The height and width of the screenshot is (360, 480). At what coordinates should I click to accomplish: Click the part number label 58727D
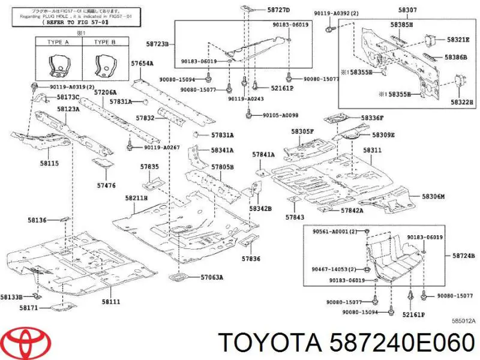coord(278,10)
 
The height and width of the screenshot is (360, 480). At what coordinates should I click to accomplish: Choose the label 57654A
coord(142,63)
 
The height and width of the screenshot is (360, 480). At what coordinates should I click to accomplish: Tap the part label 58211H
coord(137,198)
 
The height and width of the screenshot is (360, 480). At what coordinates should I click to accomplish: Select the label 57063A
coord(212,277)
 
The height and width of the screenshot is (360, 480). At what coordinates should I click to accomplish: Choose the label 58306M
coord(433,196)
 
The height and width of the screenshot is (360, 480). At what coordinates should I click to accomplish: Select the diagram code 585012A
coord(463,321)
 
